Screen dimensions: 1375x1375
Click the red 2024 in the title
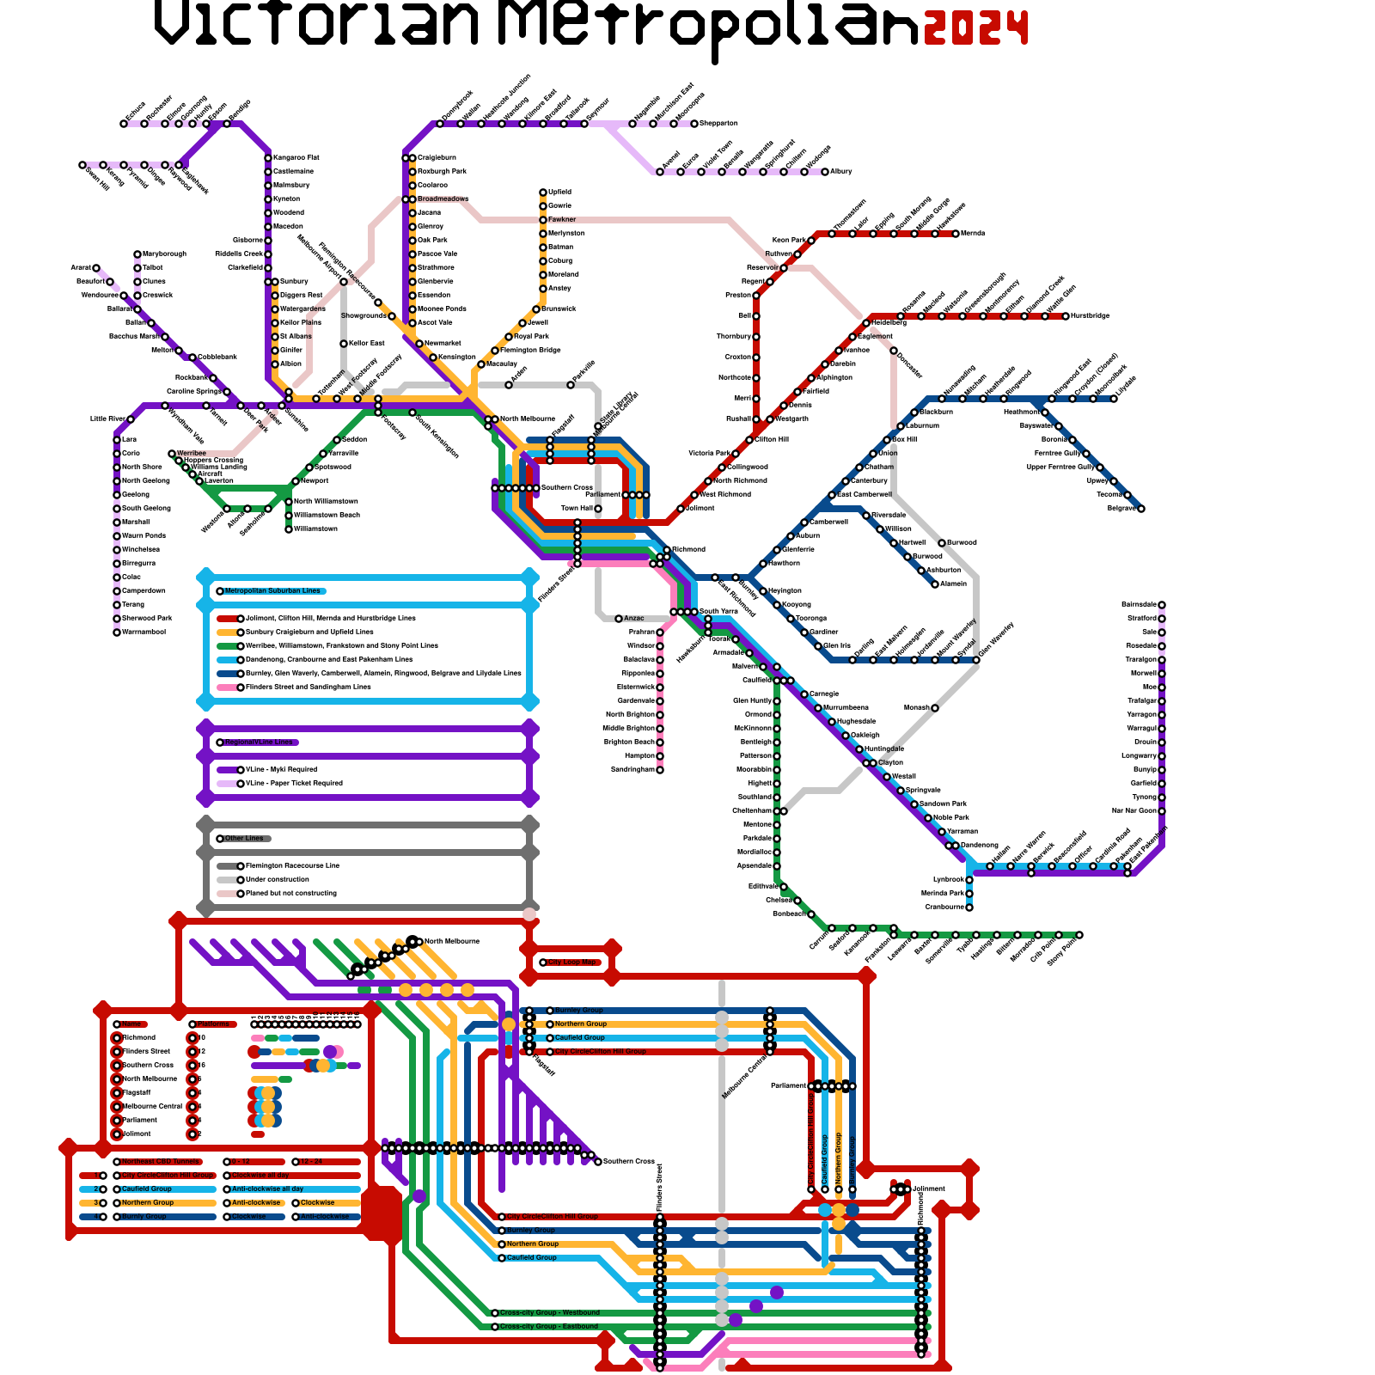975,28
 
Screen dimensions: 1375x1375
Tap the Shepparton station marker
694,124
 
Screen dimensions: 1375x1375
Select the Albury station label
840,172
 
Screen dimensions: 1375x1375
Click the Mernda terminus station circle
956,234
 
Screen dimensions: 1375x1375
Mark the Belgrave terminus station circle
1141,509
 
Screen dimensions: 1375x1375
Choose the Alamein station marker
935,584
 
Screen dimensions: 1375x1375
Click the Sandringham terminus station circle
660,770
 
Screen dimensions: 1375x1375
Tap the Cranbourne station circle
969,907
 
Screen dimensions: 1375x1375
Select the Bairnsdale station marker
1162,605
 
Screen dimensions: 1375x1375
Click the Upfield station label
559,192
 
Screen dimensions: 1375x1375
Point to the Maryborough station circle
137,254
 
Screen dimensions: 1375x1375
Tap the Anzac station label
633,619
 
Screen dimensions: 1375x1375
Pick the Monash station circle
935,708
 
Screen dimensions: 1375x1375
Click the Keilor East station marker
344,344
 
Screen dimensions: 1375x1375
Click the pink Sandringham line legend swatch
227,687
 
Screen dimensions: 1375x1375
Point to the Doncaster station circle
894,351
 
